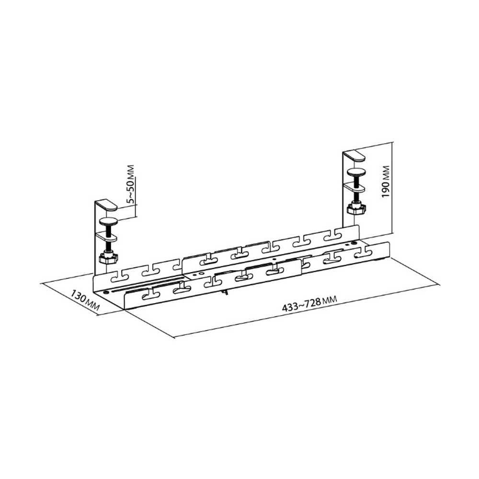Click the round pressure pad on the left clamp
tap(110, 221)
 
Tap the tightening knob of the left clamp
tap(108, 259)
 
